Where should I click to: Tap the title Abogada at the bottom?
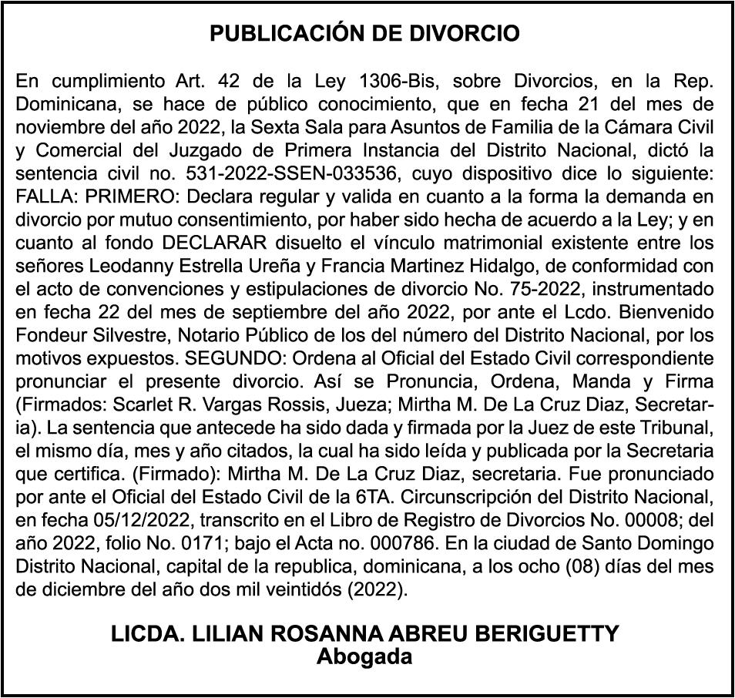point(365,657)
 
